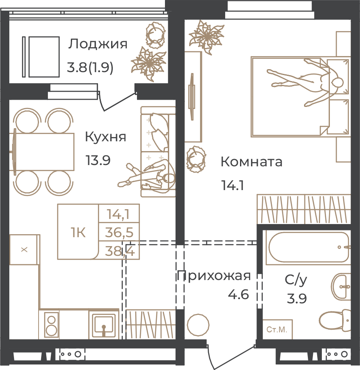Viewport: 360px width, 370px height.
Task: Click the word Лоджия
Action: (98, 44)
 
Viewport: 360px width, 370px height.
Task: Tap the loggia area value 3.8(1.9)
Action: (90, 68)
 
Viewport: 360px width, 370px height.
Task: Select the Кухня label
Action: (106, 137)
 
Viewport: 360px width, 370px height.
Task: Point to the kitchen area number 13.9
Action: (98, 160)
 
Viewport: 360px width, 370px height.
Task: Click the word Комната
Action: (251, 162)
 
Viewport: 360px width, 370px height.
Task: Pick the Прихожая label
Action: (214, 276)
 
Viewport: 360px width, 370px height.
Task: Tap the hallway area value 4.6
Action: (238, 294)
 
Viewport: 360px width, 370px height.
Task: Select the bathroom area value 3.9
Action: (296, 298)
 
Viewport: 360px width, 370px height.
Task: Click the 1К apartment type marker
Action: (78, 233)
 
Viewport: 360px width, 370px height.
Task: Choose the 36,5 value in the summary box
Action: (119, 233)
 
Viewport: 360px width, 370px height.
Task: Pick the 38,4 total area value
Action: (120, 251)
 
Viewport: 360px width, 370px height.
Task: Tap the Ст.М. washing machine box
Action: (277, 329)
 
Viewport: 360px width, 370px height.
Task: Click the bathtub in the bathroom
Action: (308, 247)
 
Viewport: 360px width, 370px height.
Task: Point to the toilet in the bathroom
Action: (335, 320)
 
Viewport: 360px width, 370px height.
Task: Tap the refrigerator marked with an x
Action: (24, 249)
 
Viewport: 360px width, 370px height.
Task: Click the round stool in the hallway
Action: (198, 325)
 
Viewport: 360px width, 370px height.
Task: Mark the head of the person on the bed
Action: (337, 83)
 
